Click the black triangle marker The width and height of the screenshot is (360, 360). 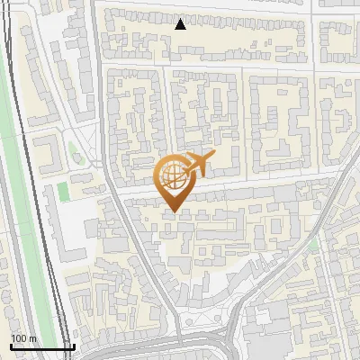tap(181, 24)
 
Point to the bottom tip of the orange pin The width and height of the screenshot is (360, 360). tap(172, 212)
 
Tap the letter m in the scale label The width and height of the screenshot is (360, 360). tap(33, 338)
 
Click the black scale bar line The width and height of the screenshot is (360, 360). tap(41, 346)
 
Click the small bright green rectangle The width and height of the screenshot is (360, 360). tap(62, 192)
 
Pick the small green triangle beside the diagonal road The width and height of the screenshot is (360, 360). tap(312, 244)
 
